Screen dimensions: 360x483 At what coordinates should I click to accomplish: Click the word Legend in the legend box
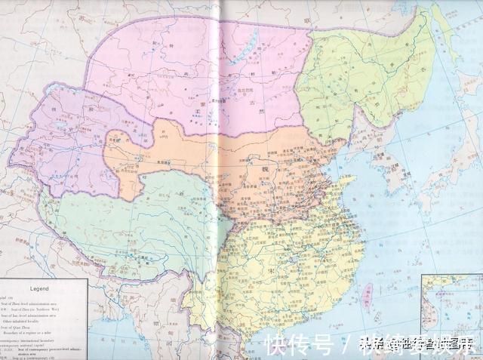[39, 288]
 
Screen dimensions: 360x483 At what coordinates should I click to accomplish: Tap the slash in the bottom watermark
[343, 346]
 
